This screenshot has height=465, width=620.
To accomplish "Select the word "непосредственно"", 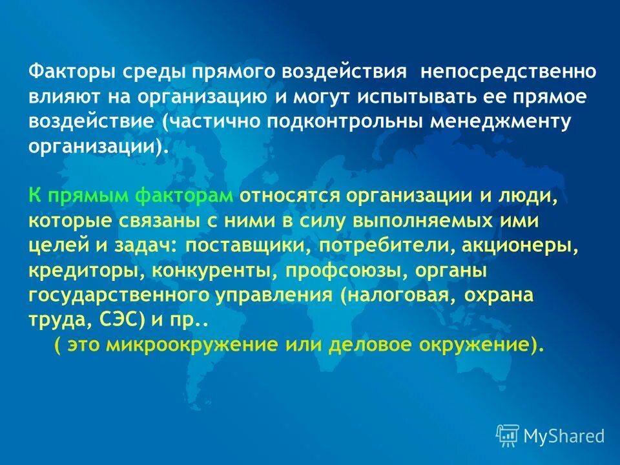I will click(509, 71).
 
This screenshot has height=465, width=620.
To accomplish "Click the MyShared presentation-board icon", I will click(508, 435).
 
